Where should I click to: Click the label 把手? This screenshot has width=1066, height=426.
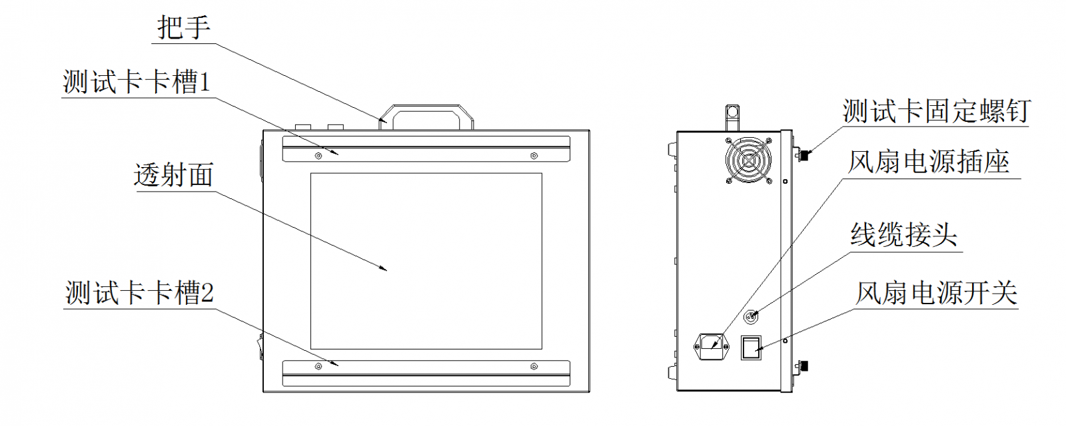[x=183, y=28]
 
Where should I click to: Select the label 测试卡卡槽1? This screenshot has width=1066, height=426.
[x=137, y=83]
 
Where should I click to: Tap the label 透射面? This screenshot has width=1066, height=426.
[x=173, y=175]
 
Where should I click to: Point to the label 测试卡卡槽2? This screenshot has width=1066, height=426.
[x=139, y=293]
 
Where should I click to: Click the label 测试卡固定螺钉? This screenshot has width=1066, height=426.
[x=936, y=111]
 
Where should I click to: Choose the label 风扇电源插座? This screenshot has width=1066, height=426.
[x=928, y=162]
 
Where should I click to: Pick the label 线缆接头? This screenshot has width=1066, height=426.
[x=903, y=235]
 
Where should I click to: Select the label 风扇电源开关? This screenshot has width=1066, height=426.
[x=936, y=293]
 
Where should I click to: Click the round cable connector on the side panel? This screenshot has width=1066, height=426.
[x=750, y=317]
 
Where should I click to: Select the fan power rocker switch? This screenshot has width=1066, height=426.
[x=751, y=347]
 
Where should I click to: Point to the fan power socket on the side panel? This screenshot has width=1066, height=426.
[x=712, y=345]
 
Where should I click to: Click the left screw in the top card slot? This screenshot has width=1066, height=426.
[x=318, y=156]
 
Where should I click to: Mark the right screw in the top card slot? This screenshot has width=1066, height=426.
[x=533, y=156]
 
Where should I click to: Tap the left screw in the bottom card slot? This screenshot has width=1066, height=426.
[x=318, y=366]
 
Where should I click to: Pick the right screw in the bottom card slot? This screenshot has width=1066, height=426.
[x=533, y=366]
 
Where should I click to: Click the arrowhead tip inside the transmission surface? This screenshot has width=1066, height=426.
[x=386, y=270]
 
